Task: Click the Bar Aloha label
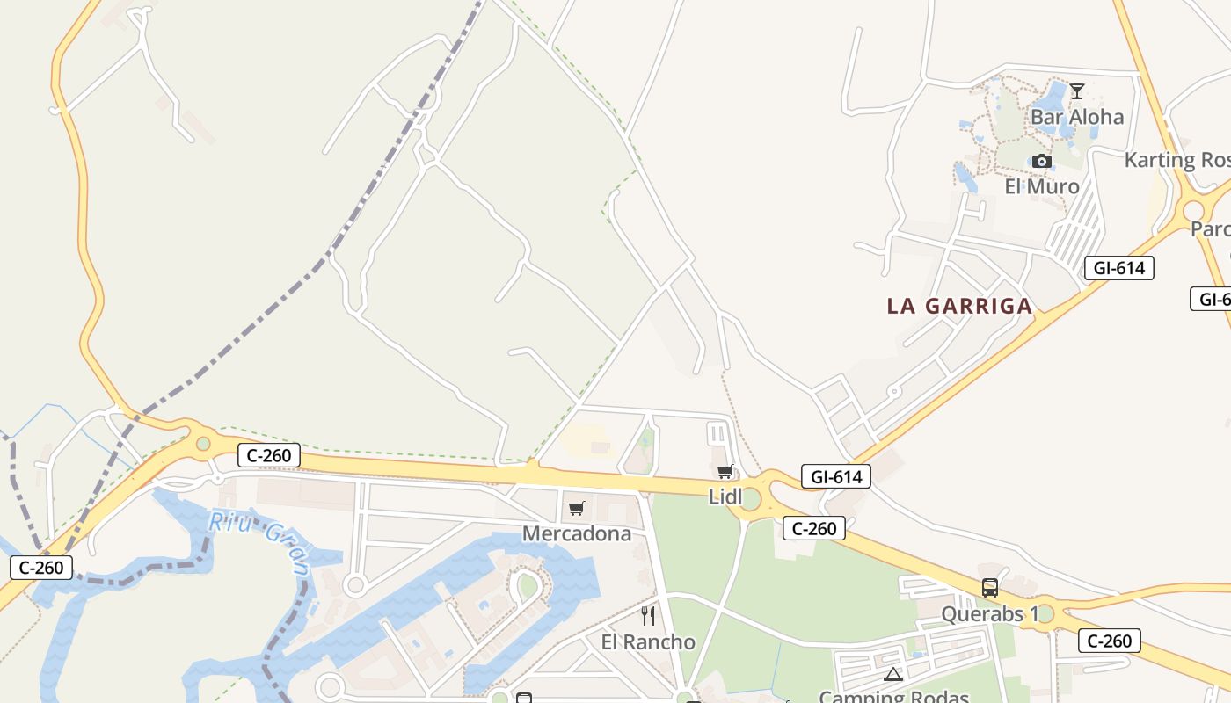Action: pos(1076,117)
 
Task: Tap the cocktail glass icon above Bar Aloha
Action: pos(1076,91)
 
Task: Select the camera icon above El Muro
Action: pos(1042,161)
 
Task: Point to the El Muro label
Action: pos(1042,186)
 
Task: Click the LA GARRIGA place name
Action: pos(959,306)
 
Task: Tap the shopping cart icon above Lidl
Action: pos(725,472)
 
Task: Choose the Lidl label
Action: pos(726,496)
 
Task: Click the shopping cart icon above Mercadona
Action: pos(577,508)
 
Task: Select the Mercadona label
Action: pos(577,533)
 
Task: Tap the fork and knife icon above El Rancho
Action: pos(648,615)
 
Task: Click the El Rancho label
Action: pos(648,641)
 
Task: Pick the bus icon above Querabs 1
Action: pos(990,588)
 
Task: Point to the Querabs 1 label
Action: pos(990,613)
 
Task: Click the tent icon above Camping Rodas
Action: pos(893,675)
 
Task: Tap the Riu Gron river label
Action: pos(259,545)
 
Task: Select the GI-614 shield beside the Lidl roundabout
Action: pos(835,476)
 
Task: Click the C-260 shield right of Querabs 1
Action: pos(1109,641)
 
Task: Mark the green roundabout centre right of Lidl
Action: pos(750,498)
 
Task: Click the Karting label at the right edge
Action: pos(1176,160)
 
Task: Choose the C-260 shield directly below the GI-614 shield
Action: pos(813,528)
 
